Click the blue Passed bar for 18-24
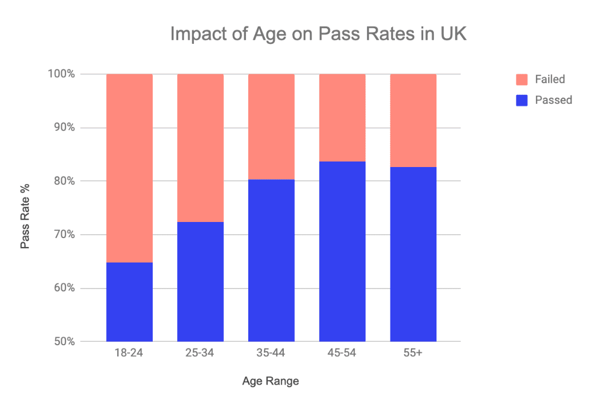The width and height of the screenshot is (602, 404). click(x=129, y=302)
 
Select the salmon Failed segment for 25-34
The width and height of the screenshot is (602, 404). click(x=200, y=148)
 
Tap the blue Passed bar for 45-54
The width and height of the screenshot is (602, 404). click(x=342, y=251)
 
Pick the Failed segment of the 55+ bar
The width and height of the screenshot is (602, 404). click(x=413, y=120)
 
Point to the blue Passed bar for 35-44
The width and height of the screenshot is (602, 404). click(x=271, y=260)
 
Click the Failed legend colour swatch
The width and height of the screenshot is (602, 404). click(x=521, y=79)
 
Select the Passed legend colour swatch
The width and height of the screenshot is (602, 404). click(x=521, y=100)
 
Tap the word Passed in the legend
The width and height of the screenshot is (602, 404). click(x=553, y=100)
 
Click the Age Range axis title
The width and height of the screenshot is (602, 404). click(x=270, y=381)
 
